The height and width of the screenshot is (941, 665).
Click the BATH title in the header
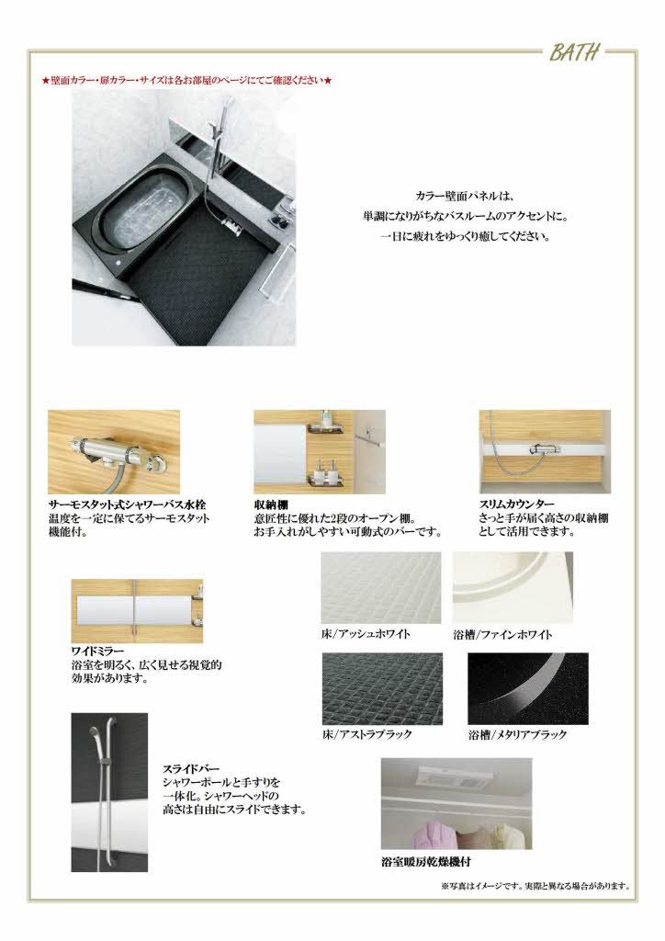(x=576, y=53)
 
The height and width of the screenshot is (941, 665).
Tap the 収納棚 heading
(x=267, y=505)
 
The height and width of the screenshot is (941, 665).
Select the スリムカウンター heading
(x=516, y=505)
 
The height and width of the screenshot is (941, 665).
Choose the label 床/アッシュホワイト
(x=366, y=634)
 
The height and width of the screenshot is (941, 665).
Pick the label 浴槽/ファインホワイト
(x=502, y=634)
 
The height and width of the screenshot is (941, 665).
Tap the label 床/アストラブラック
(x=367, y=734)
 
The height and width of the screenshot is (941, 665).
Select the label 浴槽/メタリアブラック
(x=517, y=734)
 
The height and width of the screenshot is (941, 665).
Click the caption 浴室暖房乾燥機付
(x=428, y=863)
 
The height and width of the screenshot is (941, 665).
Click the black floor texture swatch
(x=382, y=688)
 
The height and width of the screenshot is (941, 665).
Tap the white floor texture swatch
(x=381, y=588)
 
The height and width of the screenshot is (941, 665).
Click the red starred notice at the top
(x=187, y=81)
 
